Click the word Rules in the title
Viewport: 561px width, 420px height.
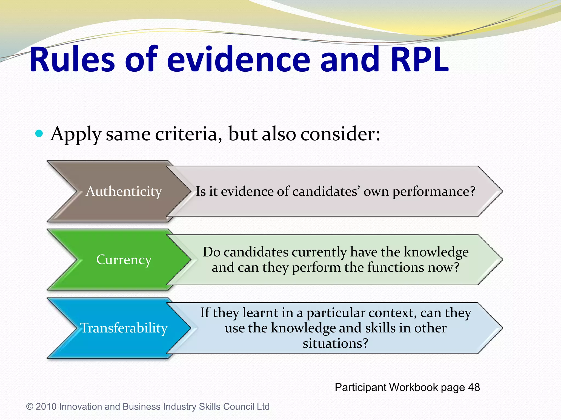pos(72,60)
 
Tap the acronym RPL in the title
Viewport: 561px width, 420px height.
pos(420,60)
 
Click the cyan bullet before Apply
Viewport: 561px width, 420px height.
pos(39,134)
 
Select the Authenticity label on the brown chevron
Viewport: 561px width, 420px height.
pos(124,191)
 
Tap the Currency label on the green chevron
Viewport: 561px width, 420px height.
pos(124,259)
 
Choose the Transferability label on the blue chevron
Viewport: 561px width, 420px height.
pos(124,328)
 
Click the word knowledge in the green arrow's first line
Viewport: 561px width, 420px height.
pos(436,252)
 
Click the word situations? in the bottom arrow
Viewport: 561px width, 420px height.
pos(335,343)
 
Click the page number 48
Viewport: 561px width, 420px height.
pos(474,387)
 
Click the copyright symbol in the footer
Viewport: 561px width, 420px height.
pos(30,407)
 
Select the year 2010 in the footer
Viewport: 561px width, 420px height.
pos(46,407)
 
